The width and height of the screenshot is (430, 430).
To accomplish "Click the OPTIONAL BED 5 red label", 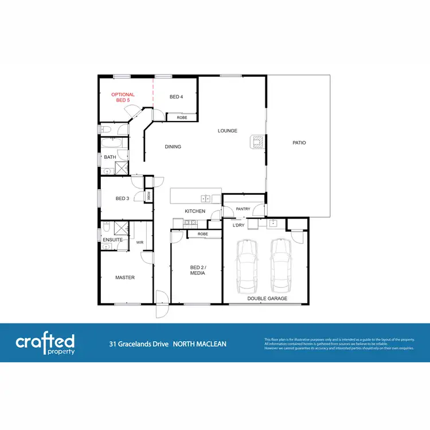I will click(x=123, y=97).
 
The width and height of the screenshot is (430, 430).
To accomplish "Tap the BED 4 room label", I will click(x=176, y=97).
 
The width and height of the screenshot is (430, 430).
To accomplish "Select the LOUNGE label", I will click(x=227, y=131).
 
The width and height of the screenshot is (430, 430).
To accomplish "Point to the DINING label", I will click(x=173, y=147).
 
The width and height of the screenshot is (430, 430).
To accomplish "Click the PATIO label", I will click(x=299, y=143).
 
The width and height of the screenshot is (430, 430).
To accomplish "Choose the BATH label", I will click(x=110, y=157).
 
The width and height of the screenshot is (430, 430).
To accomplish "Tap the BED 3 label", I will click(x=122, y=198).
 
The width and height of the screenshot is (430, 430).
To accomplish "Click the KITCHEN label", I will click(x=195, y=212).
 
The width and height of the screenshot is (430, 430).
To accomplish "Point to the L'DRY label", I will click(x=239, y=225).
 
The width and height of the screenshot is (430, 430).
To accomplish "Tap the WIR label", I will click(x=139, y=243).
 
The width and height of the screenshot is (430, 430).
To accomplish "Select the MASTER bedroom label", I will click(x=125, y=277).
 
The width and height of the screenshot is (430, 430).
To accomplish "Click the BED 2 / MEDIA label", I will click(x=197, y=270).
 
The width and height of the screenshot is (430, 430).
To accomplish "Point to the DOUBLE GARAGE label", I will click(x=267, y=299).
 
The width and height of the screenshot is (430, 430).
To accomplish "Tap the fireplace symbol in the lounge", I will click(x=257, y=142).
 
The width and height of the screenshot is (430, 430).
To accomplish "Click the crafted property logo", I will click(x=45, y=343).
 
